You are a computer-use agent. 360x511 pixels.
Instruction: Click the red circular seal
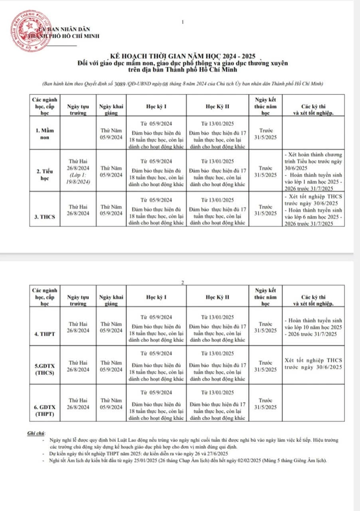[x=28, y=31]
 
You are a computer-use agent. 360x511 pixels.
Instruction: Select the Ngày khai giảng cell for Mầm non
[x=111, y=133]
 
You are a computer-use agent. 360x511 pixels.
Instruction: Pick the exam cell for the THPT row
[x=313, y=327]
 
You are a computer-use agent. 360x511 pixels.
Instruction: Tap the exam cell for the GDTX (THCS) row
[x=313, y=364]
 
